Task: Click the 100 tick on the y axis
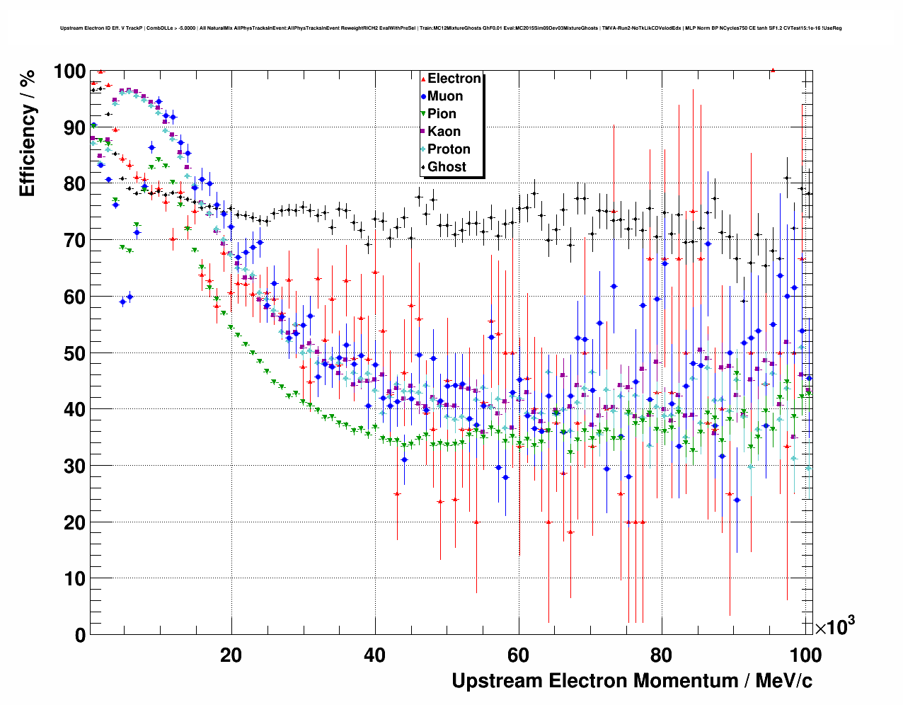pyautogui.click(x=69, y=71)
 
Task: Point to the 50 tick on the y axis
pyautogui.click(x=75, y=353)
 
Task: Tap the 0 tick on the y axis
pyautogui.click(x=80, y=636)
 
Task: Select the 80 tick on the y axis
pyautogui.click(x=75, y=184)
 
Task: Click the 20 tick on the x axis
pyautogui.click(x=231, y=655)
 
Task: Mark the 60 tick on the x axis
pyautogui.click(x=519, y=655)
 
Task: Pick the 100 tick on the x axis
pyautogui.click(x=805, y=655)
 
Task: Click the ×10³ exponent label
pyautogui.click(x=834, y=626)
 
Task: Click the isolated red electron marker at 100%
pyautogui.click(x=773, y=70)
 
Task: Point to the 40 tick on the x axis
pyautogui.click(x=374, y=655)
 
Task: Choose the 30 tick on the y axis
pyautogui.click(x=75, y=466)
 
